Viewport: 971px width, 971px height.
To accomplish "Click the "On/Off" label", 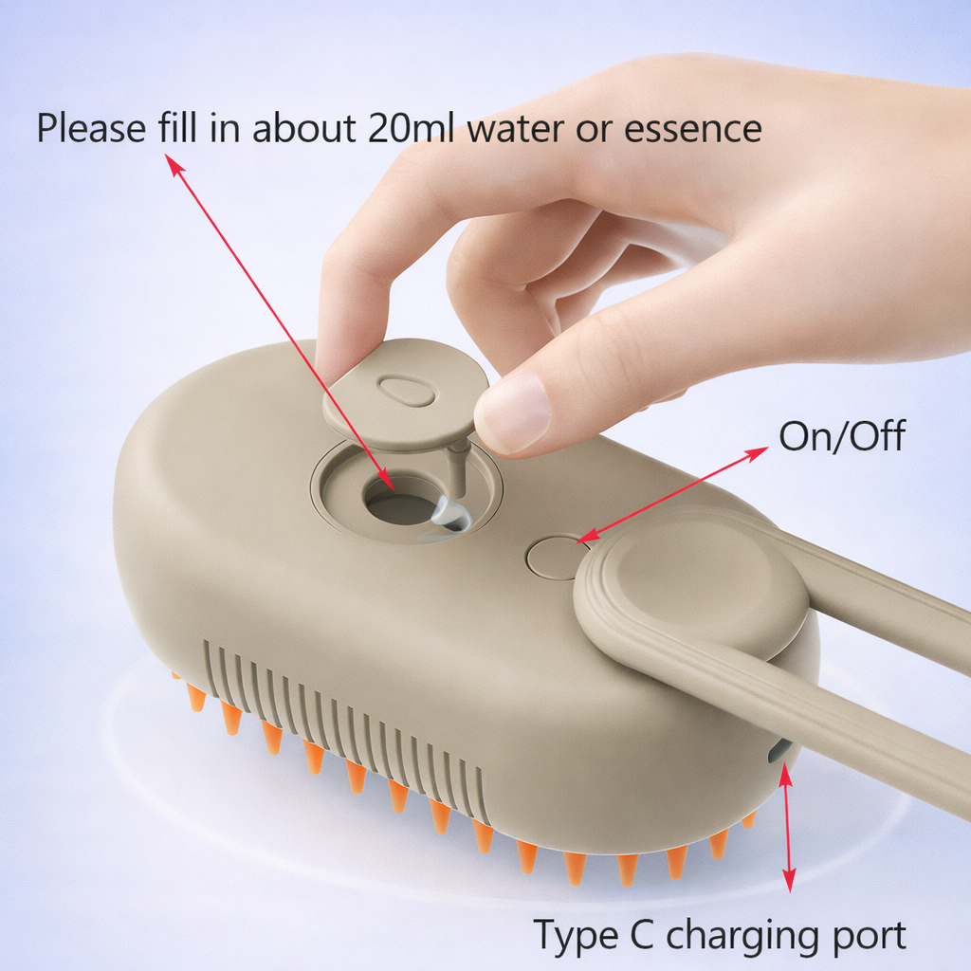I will click(841, 437).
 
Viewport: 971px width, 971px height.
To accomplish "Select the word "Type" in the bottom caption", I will click(569, 935).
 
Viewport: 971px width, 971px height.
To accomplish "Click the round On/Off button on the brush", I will click(554, 558).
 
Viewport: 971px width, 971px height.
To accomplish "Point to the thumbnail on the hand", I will click(513, 412).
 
